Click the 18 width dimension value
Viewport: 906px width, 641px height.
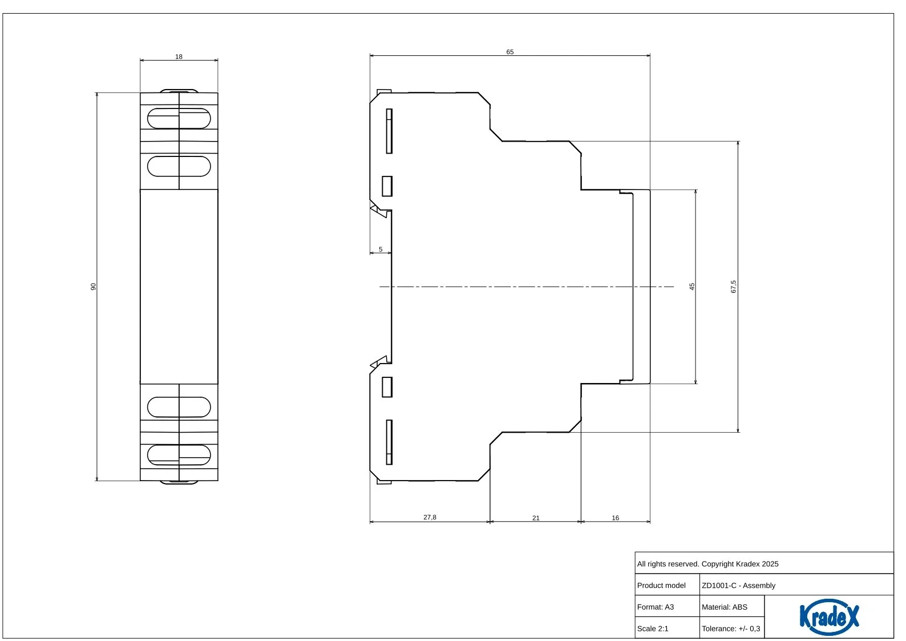pyautogui.click(x=179, y=57)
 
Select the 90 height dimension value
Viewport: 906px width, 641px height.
pyautogui.click(x=94, y=287)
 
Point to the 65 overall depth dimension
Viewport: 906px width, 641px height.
pyautogui.click(x=510, y=52)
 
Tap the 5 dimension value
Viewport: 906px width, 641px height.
pyautogui.click(x=381, y=249)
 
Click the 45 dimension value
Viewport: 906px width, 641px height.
pyautogui.click(x=692, y=287)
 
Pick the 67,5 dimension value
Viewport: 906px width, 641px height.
pyautogui.click(x=734, y=287)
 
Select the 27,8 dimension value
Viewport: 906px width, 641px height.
pyautogui.click(x=430, y=517)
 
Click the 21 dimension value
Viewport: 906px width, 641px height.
pyautogui.click(x=536, y=518)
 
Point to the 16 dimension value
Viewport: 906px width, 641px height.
pyautogui.click(x=616, y=518)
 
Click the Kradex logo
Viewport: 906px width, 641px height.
pyautogui.click(x=829, y=617)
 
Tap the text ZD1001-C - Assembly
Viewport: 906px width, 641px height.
pyautogui.click(x=739, y=586)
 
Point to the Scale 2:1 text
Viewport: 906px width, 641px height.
pyautogui.click(x=653, y=628)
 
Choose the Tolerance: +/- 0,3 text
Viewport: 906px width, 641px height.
pyautogui.click(x=731, y=628)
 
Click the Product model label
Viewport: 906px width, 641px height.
pyautogui.click(x=661, y=586)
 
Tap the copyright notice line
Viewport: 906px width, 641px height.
pyautogui.click(x=708, y=564)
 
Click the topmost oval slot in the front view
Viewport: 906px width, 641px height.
pyautogui.click(x=179, y=118)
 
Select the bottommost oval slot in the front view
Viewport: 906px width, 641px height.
pyautogui.click(x=179, y=455)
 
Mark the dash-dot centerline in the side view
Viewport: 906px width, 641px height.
pyautogui.click(x=527, y=287)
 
